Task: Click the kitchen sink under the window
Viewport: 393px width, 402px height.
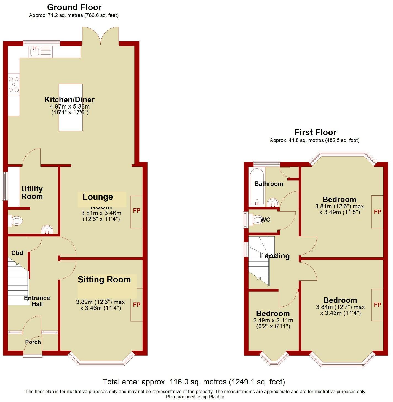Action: [x=34, y=52]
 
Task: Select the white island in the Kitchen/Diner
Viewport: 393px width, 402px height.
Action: [x=71, y=107]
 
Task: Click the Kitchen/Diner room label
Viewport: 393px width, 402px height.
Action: [x=69, y=99]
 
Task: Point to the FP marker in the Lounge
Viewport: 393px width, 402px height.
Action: [x=137, y=211]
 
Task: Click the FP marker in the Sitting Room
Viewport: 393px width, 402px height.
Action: [x=137, y=305]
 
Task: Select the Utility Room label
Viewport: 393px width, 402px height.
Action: [x=32, y=192]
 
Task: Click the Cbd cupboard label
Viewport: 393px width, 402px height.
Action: [x=17, y=253]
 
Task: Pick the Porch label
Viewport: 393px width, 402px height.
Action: [x=33, y=342]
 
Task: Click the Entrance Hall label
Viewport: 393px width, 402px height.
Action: [x=37, y=301]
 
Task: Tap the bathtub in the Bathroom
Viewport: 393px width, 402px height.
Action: [x=257, y=187]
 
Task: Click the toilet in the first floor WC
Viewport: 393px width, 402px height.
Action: [x=257, y=220]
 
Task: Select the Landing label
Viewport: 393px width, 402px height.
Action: [x=275, y=256]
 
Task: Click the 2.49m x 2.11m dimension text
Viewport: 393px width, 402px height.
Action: [x=273, y=320]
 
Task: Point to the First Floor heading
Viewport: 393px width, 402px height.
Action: [x=315, y=132]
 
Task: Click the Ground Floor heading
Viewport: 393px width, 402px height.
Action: [x=74, y=7]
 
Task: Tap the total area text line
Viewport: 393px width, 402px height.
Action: [x=194, y=382]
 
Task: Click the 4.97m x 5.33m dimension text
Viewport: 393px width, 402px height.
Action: [x=69, y=107]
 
